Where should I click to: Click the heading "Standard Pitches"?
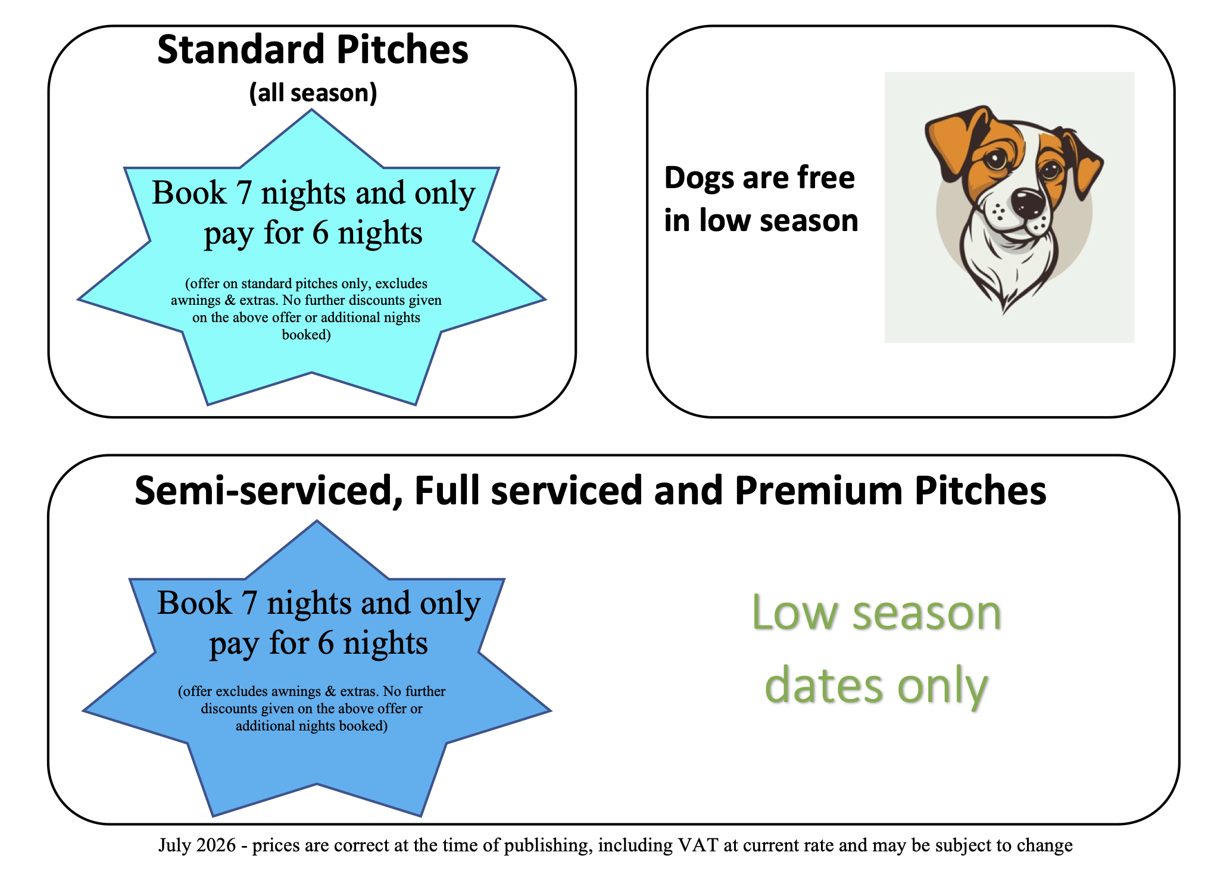pyautogui.click(x=313, y=50)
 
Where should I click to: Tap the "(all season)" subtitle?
pyautogui.click(x=313, y=93)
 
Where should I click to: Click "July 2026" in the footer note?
pyautogui.click(x=197, y=845)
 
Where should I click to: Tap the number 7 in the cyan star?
pyautogui.click(x=244, y=193)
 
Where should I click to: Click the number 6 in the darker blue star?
pyautogui.click(x=326, y=644)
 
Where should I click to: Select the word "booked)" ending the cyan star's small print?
pyautogui.click(x=306, y=335)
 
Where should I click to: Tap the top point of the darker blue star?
pyautogui.click(x=317, y=522)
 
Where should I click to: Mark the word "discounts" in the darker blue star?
pyautogui.click(x=229, y=709)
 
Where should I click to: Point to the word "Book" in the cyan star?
pyautogui.click(x=189, y=193)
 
